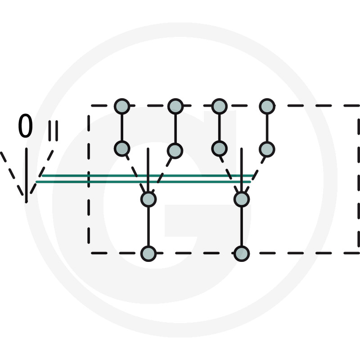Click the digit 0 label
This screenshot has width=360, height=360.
point(25,126)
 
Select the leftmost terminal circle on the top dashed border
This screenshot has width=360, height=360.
point(122,106)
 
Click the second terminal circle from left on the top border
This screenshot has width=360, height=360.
point(175,106)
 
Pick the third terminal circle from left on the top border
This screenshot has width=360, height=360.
point(219,106)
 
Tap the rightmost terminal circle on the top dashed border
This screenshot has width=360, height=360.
point(267,106)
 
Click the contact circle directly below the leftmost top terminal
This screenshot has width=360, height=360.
point(122,148)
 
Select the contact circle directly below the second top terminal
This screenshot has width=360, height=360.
point(175,150)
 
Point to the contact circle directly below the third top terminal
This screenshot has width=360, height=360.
point(219,148)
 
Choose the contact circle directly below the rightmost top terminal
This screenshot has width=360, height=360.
point(267,148)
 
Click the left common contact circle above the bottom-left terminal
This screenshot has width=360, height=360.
point(148,199)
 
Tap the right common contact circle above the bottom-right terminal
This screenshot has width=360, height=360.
point(242,199)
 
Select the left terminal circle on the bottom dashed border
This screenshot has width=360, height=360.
point(148,253)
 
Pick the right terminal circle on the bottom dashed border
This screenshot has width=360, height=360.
point(242,253)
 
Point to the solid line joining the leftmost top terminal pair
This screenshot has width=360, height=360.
point(122,127)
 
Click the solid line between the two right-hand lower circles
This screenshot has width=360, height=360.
point(242,226)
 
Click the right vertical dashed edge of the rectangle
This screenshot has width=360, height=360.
point(359,180)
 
